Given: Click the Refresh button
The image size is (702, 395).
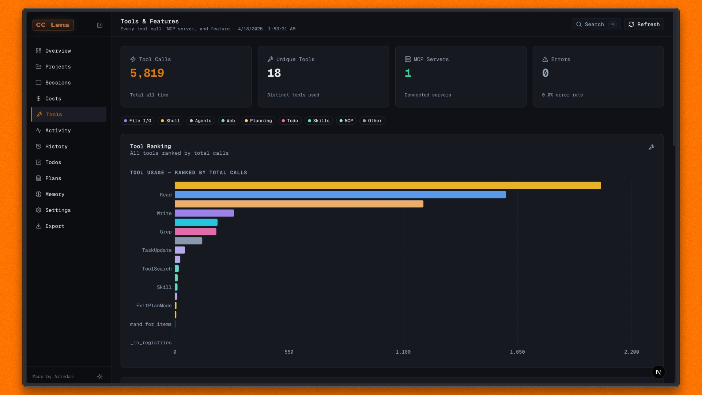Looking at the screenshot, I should pyautogui.click(x=644, y=25).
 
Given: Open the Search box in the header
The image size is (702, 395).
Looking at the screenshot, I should pyautogui.click(x=596, y=25).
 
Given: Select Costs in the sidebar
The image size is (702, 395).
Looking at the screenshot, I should pyautogui.click(x=53, y=99).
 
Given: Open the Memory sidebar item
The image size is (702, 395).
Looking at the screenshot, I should pyautogui.click(x=55, y=194).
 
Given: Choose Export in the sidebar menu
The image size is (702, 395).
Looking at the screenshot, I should pyautogui.click(x=55, y=226).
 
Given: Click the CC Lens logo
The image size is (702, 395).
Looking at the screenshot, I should pyautogui.click(x=53, y=25).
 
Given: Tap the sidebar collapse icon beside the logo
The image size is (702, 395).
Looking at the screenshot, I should pyautogui.click(x=99, y=25).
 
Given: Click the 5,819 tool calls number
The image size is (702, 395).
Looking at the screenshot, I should pyautogui.click(x=147, y=73).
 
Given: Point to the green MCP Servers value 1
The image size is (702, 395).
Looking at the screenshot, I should pyautogui.click(x=408, y=73).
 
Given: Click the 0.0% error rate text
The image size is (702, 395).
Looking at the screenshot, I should pyautogui.click(x=562, y=95).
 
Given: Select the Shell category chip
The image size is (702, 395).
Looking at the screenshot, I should pyautogui.click(x=170, y=121).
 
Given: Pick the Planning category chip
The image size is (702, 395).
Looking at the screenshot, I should pyautogui.click(x=258, y=121).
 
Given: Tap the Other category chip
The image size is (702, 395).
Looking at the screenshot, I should pyautogui.click(x=372, y=121).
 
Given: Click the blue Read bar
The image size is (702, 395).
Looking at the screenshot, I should pyautogui.click(x=340, y=195).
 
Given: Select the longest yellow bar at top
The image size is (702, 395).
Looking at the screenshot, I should pyautogui.click(x=388, y=185).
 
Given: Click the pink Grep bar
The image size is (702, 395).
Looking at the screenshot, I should pyautogui.click(x=195, y=232).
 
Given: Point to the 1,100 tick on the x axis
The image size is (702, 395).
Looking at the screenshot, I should pyautogui.click(x=403, y=352).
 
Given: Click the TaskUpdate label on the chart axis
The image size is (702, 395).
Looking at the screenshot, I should pyautogui.click(x=157, y=250).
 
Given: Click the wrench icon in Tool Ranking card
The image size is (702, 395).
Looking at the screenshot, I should pyautogui.click(x=651, y=147).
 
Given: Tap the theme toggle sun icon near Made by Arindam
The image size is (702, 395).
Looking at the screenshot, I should pyautogui.click(x=99, y=377).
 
